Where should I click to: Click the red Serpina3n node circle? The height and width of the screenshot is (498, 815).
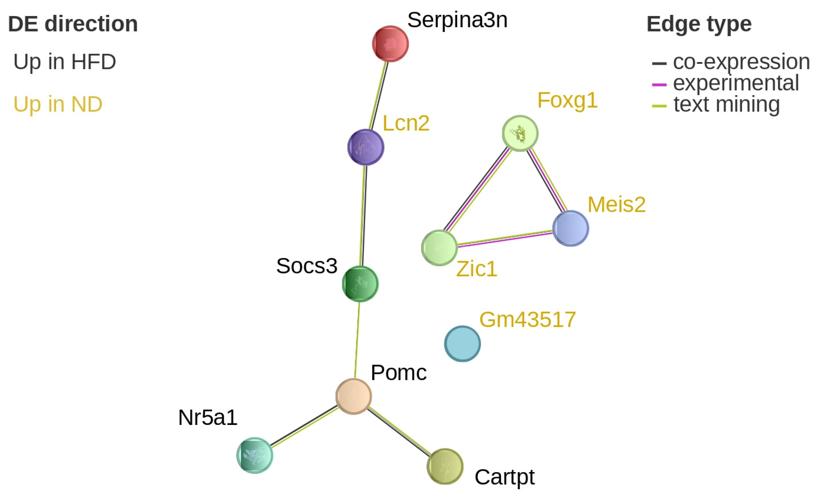pos(390,44)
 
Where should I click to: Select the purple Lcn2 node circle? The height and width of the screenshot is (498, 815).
pos(366,147)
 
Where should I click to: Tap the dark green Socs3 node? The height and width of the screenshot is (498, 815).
pos(360,284)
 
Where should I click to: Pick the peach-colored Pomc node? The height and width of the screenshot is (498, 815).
pos(354,396)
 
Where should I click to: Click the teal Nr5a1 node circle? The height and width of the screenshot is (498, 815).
pos(255,455)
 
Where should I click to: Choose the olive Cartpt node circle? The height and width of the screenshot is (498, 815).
pos(445,466)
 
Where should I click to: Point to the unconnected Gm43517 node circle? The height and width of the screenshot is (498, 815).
pos(462,344)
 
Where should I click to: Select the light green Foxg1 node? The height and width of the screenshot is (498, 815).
pos(520,133)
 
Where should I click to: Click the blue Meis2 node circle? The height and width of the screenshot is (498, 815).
pos(571,228)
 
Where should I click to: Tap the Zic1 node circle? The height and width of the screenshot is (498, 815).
pos(439,248)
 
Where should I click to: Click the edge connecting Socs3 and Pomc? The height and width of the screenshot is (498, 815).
pos(357,340)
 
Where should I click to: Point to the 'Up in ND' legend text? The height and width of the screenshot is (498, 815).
pos(58,104)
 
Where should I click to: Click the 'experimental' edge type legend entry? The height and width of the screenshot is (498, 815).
pos(736,83)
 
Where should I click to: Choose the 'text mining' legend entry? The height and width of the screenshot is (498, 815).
pos(726,104)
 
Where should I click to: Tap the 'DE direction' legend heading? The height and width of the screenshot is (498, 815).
pos(73,24)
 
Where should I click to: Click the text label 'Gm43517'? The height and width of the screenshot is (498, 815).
pos(528,320)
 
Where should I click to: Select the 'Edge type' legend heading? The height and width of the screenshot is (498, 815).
pos(699,24)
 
